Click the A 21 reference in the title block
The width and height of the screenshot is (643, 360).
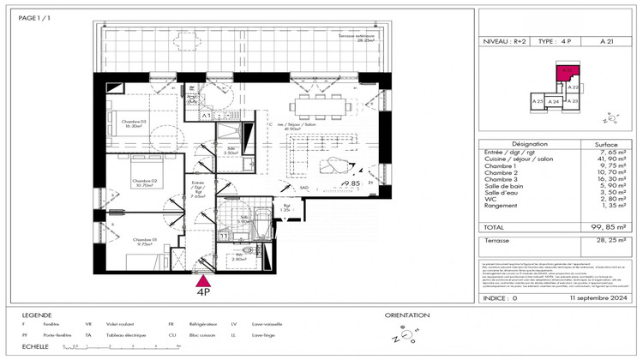(607, 41)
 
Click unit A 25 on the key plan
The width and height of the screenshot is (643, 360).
(538, 101)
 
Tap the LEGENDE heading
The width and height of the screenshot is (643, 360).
(37, 315)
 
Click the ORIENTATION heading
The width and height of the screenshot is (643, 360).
(407, 315)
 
